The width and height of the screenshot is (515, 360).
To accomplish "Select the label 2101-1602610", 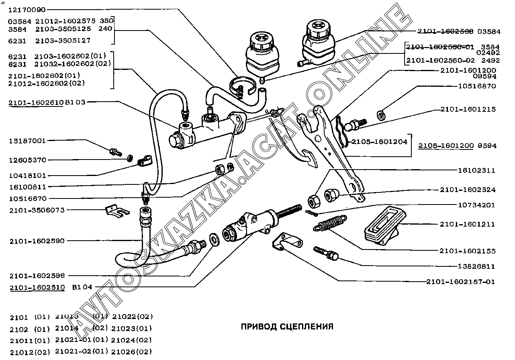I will [36, 103].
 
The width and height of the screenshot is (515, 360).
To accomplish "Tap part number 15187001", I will [27, 141].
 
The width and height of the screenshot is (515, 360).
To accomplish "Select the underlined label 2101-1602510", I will [37, 288].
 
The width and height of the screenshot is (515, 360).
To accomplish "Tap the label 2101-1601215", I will [468, 109].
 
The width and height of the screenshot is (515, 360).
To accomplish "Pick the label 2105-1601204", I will [379, 142].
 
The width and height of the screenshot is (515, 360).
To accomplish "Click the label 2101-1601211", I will [467, 224].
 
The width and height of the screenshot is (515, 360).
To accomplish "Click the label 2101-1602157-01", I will [460, 282].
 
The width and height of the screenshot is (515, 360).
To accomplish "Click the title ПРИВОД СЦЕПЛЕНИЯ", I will [287, 326].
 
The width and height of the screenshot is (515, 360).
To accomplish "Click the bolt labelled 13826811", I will [326, 253].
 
